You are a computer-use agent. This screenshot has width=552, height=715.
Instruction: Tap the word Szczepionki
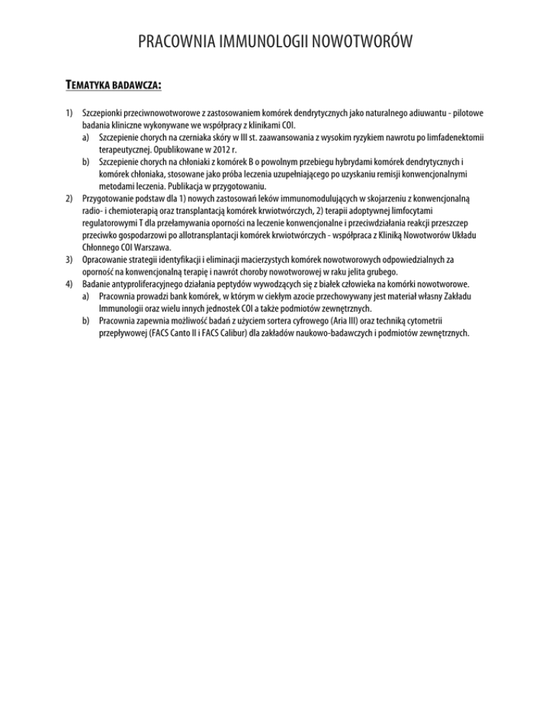click(109, 114)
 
